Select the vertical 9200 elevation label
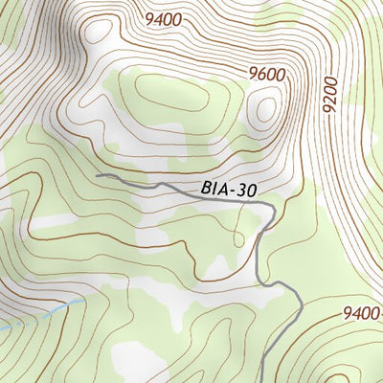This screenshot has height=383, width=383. (x=331, y=96)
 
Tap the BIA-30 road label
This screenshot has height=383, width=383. (x=230, y=190)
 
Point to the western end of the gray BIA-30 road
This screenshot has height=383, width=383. (x=98, y=175)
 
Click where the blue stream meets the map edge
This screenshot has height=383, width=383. (x=1, y=329)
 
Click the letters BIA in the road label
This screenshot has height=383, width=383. (x=214, y=190)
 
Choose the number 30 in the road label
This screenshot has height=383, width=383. (x=248, y=190)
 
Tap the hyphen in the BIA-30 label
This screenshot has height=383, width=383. (x=233, y=190)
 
